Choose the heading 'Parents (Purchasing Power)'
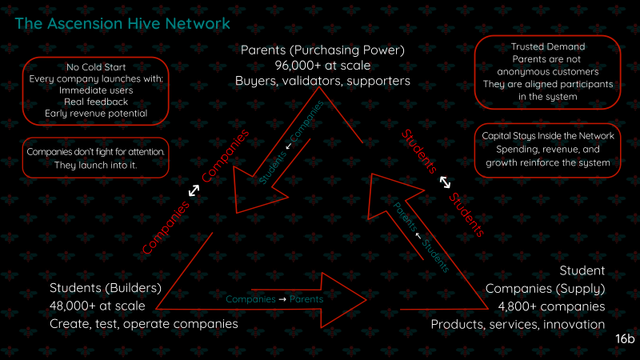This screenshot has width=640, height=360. click(322, 50)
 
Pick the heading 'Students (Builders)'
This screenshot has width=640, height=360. click(106, 288)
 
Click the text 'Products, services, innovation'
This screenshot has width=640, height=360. click(518, 324)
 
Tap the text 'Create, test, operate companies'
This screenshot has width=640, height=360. click(144, 324)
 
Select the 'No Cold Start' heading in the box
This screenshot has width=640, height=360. click(96, 66)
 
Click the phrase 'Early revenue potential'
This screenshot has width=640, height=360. click(96, 114)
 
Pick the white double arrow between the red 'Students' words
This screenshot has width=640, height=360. click(445, 182)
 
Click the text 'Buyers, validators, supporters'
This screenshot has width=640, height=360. click(322, 81)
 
